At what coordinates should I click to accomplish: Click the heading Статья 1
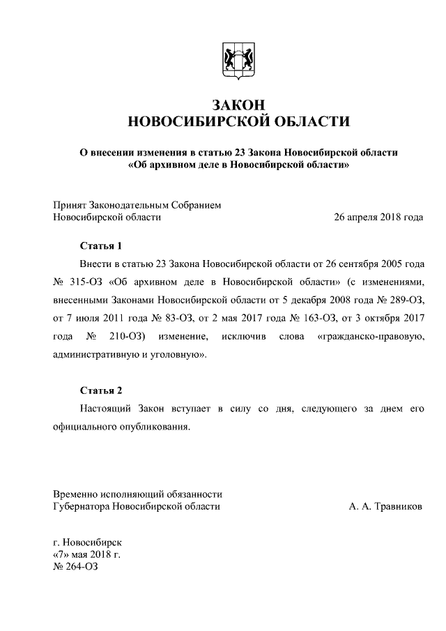[100, 246]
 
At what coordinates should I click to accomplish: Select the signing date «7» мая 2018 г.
[87, 554]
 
